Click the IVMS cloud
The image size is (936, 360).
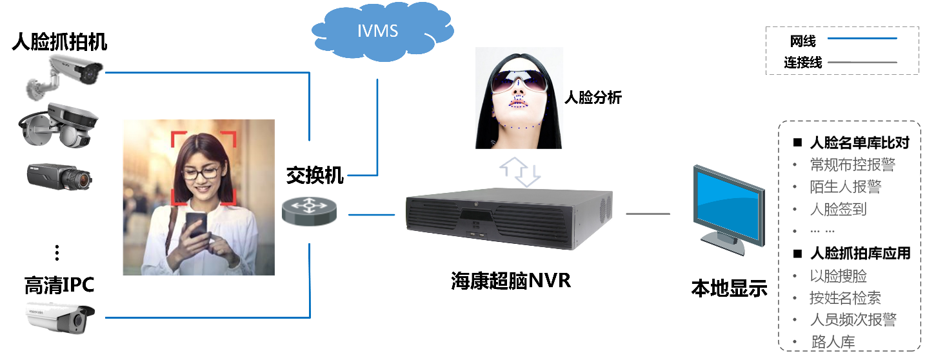click(x=382, y=31)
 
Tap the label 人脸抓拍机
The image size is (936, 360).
click(x=59, y=42)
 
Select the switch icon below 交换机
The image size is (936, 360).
click(x=309, y=211)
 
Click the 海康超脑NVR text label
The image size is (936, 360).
click(x=511, y=281)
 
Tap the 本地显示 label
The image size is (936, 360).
click(x=729, y=288)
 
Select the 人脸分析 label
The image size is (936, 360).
click(x=593, y=97)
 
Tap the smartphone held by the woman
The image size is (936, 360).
click(x=196, y=225)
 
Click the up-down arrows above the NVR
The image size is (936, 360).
click(x=520, y=172)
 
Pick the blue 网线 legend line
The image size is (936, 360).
click(x=862, y=39)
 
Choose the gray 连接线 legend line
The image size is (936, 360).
click(x=862, y=63)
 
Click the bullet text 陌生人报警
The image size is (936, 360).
click(x=845, y=186)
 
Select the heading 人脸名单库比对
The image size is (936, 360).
click(x=859, y=143)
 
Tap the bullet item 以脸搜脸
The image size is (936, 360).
click(x=838, y=276)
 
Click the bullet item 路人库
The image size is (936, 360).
click(x=833, y=341)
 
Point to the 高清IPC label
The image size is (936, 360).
click(x=59, y=285)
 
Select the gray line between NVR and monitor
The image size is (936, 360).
click(x=648, y=214)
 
